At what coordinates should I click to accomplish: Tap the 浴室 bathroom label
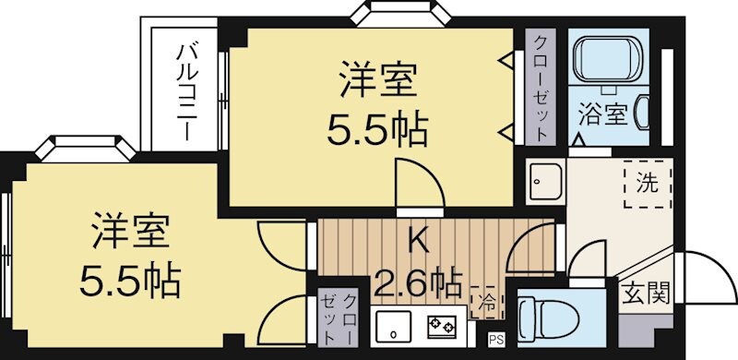pos(603,115)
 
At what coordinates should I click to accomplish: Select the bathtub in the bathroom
pos(603,60)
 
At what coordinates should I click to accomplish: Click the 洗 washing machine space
pos(648,183)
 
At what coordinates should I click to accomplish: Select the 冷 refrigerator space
pos(486,300)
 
